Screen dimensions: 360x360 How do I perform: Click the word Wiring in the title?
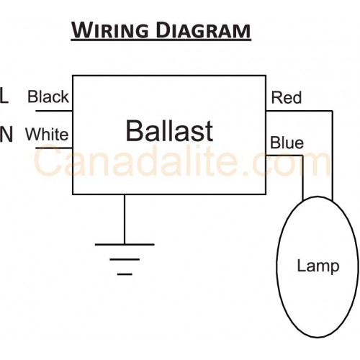110,30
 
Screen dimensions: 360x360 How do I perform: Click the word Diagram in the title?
203,30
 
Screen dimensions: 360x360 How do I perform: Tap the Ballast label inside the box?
169,131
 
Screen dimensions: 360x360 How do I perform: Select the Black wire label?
48,96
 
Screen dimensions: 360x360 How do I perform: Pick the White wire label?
47,134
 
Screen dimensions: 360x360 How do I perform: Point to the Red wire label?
286,97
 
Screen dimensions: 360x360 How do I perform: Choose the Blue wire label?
287,143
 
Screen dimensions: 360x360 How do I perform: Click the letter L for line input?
4,96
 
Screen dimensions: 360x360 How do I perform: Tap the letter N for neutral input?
6,135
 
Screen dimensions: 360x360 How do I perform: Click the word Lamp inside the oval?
318,266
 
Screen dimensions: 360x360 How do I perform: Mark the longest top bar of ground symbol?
125,245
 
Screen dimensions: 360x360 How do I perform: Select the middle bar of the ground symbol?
125,259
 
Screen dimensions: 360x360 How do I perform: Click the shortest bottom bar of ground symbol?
125,274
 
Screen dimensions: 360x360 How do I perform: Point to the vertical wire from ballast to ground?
125,219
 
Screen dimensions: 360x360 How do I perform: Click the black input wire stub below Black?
54,111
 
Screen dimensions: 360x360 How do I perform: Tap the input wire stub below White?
54,148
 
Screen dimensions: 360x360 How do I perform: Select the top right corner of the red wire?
333,111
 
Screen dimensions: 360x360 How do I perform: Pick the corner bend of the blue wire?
302,156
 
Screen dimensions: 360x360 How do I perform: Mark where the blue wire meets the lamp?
302,200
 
